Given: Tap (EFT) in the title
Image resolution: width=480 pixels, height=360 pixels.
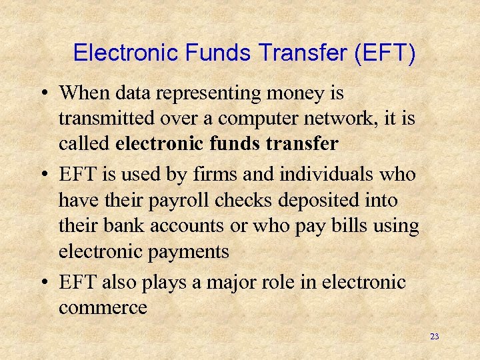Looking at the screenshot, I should pos(386,53).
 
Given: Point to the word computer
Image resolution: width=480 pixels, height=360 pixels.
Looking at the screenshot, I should pos(248,119).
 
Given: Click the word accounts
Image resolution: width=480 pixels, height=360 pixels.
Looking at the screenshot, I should pos(187,227).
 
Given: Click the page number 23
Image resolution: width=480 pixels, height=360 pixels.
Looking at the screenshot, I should pos(435,337).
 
